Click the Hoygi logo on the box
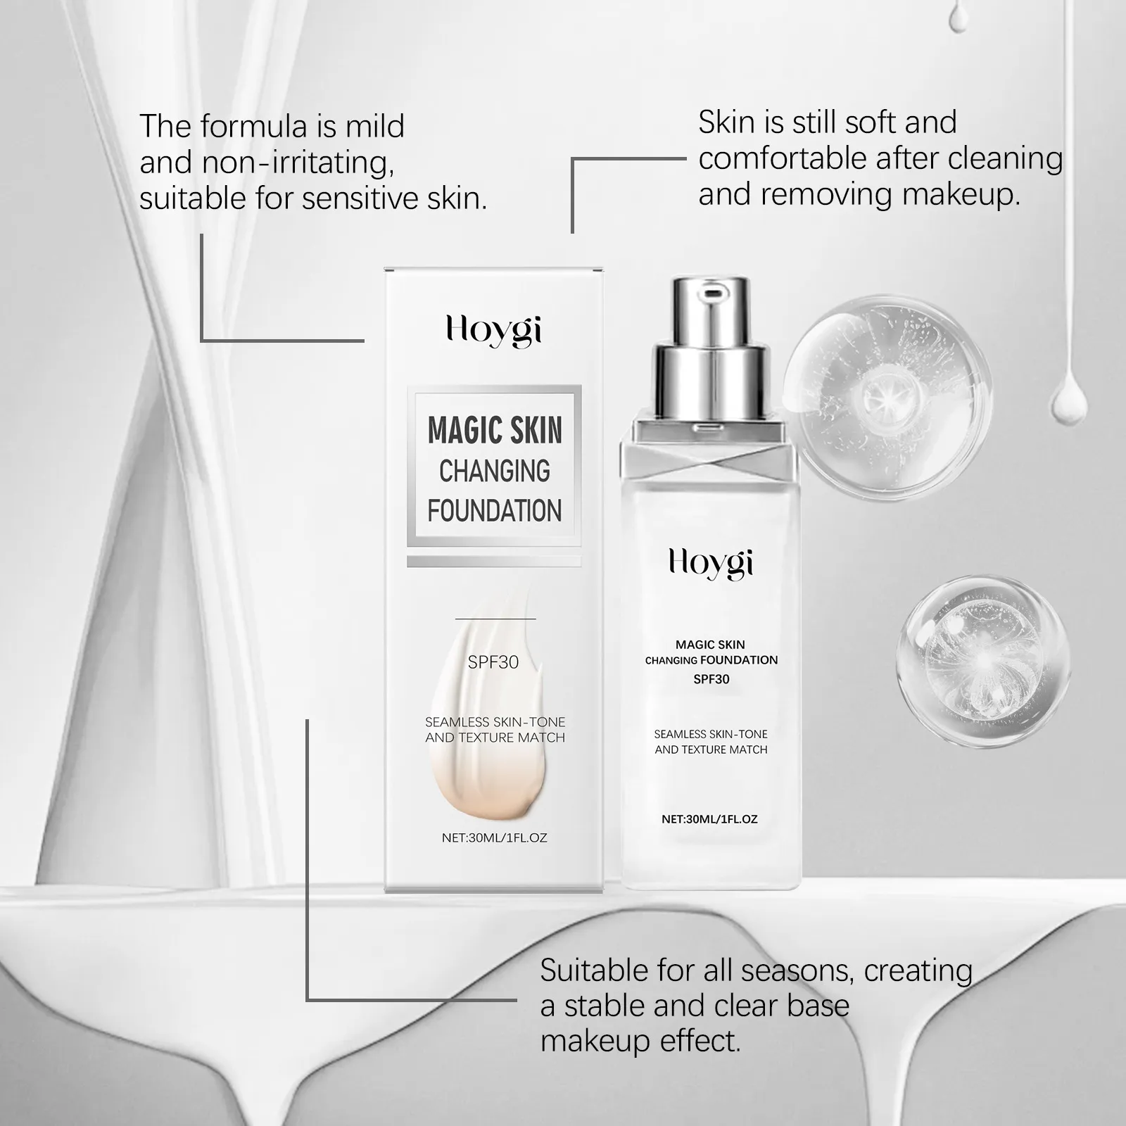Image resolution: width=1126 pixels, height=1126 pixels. [x=494, y=330]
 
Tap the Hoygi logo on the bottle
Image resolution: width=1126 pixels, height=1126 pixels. [x=711, y=564]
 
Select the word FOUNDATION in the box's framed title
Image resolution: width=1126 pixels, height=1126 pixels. [x=495, y=511]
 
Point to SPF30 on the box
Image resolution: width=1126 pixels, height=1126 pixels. [x=493, y=662]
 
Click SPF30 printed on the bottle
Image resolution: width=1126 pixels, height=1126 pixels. [x=711, y=679]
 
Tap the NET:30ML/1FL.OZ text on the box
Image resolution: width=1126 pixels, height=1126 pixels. [x=494, y=837]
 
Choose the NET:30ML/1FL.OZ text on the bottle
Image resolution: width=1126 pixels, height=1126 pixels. [x=709, y=819]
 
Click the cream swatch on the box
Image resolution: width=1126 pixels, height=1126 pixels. [x=486, y=718]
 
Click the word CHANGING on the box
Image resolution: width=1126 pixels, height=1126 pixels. [x=495, y=471]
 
